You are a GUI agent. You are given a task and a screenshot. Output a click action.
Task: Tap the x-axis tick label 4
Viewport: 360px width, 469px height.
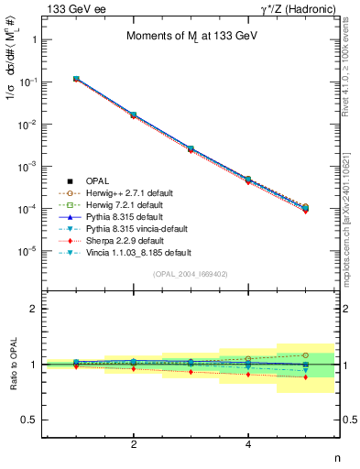tap(248, 444)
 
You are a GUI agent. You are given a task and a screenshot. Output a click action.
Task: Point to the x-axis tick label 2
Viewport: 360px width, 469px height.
tap(134, 444)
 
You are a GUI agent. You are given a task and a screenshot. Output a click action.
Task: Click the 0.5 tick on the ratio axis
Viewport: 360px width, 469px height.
tap(32, 420)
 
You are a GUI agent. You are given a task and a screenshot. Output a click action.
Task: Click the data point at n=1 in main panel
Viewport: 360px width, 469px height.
tap(76, 80)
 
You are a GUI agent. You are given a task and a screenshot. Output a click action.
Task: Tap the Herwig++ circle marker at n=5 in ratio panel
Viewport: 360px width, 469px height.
tap(306, 355)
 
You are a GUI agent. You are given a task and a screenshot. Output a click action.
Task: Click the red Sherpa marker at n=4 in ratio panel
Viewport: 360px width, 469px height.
tap(248, 375)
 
